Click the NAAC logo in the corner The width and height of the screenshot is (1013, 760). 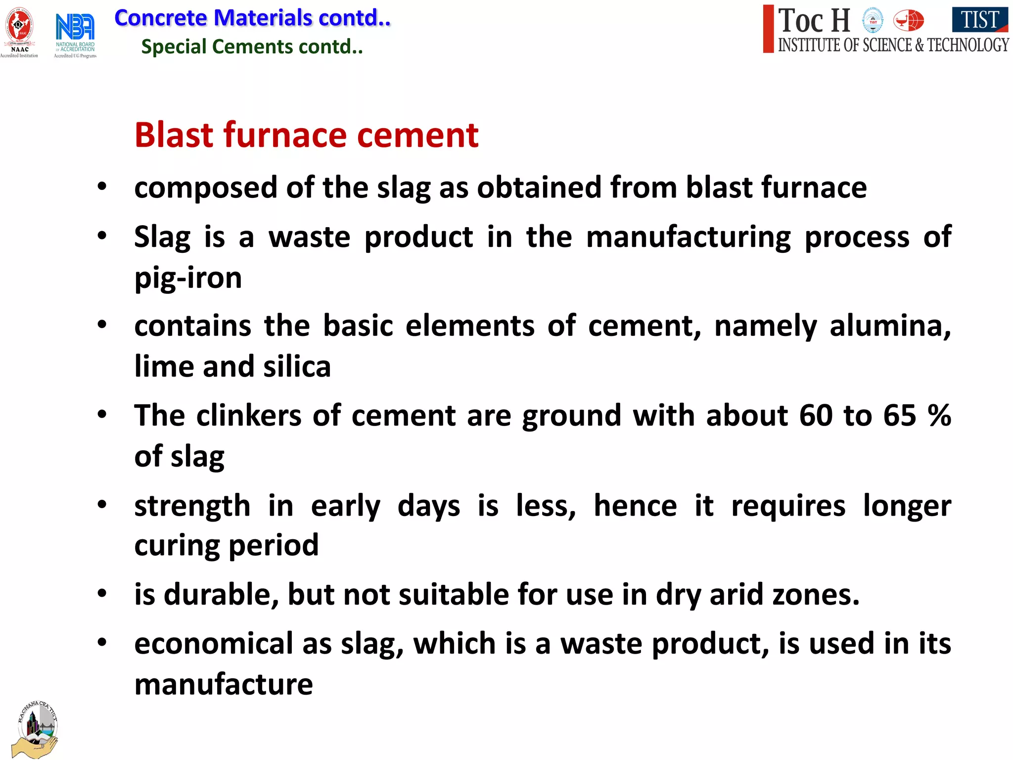(x=19, y=31)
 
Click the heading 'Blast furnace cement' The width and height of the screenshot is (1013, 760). (x=306, y=135)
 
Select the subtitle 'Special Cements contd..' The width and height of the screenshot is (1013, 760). (x=252, y=47)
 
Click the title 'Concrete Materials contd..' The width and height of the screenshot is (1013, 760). (x=252, y=18)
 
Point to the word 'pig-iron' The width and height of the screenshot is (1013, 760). (x=188, y=278)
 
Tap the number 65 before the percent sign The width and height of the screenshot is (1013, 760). (x=899, y=416)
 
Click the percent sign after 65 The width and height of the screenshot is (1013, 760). (x=939, y=416)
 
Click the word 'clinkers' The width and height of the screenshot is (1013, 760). (x=249, y=416)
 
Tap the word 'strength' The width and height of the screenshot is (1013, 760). (x=192, y=506)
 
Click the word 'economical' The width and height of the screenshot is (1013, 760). (x=214, y=644)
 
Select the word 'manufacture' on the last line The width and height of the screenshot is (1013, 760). (x=224, y=685)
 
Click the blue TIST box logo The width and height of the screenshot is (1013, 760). (x=979, y=20)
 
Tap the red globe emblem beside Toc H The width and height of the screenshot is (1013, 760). (x=908, y=21)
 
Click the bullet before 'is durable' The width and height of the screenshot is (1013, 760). (x=102, y=593)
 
